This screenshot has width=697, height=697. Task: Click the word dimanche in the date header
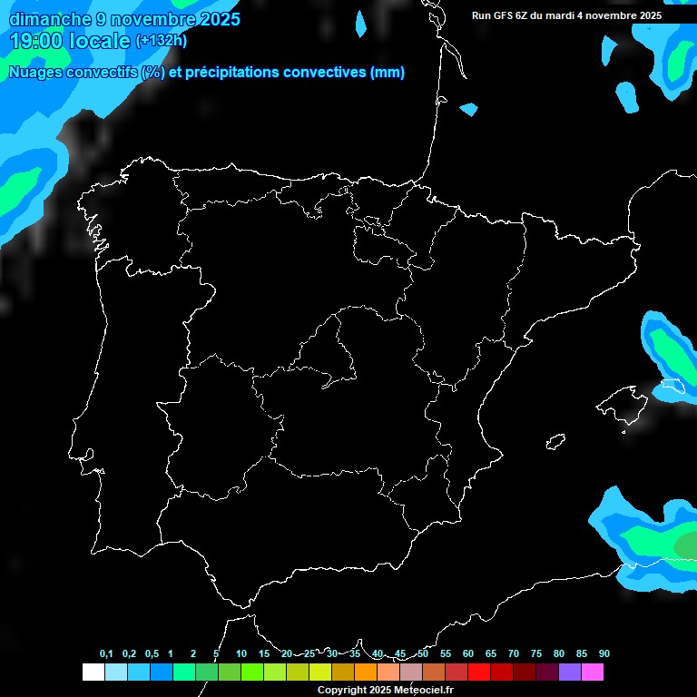(x=50, y=18)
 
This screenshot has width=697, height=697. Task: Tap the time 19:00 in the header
(x=37, y=41)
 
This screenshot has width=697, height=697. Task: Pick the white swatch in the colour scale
(x=93, y=672)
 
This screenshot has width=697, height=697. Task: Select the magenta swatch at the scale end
(x=593, y=672)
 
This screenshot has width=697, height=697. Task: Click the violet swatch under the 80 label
(x=569, y=672)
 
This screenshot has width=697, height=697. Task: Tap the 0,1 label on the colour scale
(x=106, y=654)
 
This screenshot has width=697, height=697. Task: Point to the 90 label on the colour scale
(x=604, y=654)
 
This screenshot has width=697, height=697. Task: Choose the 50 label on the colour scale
(x=423, y=654)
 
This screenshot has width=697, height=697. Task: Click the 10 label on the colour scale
(x=241, y=654)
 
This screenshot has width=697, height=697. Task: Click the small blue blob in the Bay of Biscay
(x=468, y=110)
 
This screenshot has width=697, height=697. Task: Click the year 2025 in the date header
(x=218, y=18)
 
